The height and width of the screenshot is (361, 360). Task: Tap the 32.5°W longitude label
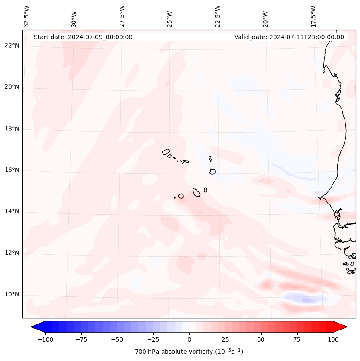pos(27,16)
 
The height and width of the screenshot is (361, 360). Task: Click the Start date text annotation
pos(83,37)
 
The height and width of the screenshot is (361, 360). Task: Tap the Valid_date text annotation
pos(289,37)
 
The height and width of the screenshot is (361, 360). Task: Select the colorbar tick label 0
pos(189,339)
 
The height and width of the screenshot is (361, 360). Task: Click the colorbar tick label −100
pos(45,339)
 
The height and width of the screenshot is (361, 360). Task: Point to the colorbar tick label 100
pos(333,339)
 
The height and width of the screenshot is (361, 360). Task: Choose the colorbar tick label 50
pos(261,339)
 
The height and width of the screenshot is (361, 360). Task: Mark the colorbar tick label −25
pos(153,339)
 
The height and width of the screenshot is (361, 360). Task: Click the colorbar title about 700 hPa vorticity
pos(189,352)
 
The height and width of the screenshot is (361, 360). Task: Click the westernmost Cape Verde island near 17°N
pos(166,152)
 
